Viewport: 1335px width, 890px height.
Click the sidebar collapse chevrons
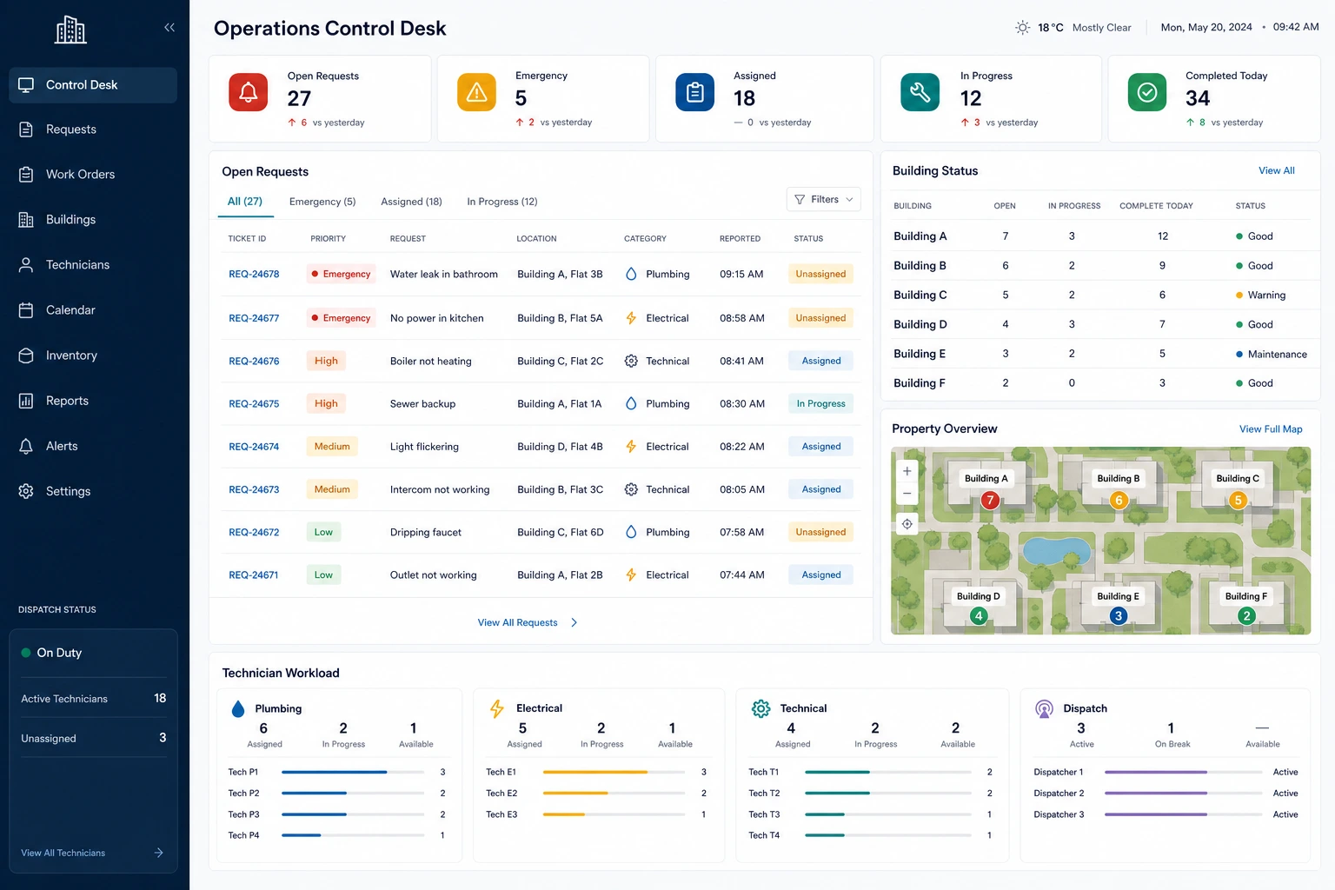pos(169,28)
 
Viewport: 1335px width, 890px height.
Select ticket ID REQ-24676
pos(254,361)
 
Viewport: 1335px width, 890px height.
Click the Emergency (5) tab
pos(322,202)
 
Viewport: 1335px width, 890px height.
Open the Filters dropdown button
pos(824,199)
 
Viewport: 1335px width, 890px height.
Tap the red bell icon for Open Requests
pos(248,92)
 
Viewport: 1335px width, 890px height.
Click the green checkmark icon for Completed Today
pos(1146,92)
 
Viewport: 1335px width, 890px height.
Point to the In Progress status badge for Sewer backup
pos(820,403)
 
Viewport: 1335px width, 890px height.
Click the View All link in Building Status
pos(1276,170)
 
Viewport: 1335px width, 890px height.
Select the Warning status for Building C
pos(1260,296)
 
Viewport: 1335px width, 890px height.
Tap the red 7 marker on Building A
pos(990,500)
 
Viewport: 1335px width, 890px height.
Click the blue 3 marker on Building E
pos(1118,616)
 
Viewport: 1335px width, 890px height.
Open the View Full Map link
pos(1271,429)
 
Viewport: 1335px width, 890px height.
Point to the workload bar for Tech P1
pos(353,772)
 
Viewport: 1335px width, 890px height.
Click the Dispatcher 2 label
pos(1059,794)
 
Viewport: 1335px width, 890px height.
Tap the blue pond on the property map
pos(1056,551)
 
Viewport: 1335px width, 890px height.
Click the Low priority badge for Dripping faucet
pos(323,532)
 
